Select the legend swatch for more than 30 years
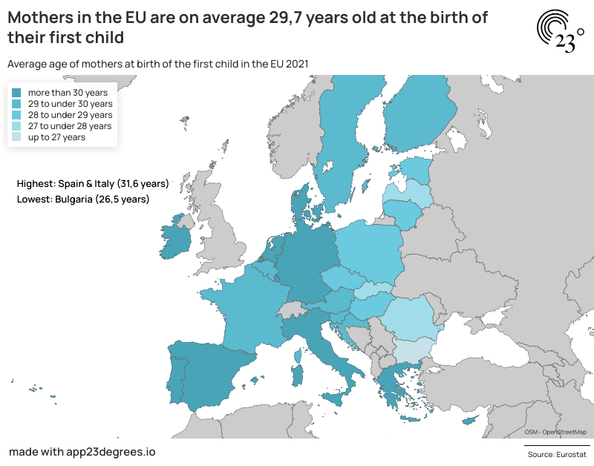tap(16, 93)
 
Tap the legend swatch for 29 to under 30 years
tap(16, 104)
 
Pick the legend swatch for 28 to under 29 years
tap(16, 115)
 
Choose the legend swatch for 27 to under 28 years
tap(16, 126)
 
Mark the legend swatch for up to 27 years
tap(16, 137)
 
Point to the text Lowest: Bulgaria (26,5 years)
tap(82, 199)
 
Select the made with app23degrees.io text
tap(82, 451)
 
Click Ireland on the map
tap(176, 239)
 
